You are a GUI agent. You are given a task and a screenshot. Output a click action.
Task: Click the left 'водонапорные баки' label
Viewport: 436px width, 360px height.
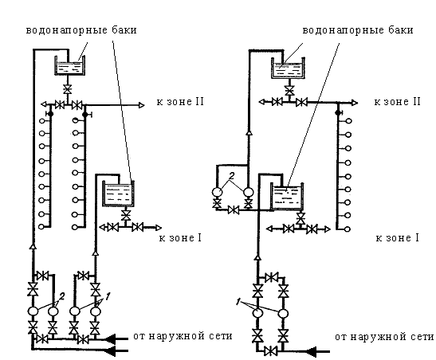[x=81, y=30]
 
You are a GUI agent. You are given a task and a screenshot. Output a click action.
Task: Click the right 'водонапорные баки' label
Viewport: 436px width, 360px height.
[x=358, y=30]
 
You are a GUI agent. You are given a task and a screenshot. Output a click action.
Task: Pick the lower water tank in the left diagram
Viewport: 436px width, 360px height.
[x=119, y=193]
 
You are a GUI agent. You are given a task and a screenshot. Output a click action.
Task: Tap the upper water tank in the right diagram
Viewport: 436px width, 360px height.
[x=288, y=68]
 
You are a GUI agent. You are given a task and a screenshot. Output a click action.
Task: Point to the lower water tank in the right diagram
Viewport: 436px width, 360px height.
[x=287, y=197]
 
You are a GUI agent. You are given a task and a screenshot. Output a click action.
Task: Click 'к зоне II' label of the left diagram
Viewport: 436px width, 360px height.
[x=180, y=102]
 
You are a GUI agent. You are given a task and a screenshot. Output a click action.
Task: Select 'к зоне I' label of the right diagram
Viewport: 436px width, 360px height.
[x=398, y=238]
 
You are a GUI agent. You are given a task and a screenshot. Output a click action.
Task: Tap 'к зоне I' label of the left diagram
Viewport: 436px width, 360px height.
[x=180, y=238]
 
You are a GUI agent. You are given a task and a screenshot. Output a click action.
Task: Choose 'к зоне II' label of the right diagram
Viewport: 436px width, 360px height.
[x=398, y=102]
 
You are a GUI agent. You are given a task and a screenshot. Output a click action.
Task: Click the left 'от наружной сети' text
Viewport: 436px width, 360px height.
[x=183, y=336]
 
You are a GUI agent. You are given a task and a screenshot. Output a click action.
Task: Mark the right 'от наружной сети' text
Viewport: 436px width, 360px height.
[x=384, y=337]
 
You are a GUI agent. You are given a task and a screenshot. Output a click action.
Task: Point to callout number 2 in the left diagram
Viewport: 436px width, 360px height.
[x=62, y=296]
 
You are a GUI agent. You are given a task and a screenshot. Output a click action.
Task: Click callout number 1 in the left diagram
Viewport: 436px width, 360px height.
[x=108, y=296]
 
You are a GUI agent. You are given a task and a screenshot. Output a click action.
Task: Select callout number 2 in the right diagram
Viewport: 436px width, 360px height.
[x=232, y=175]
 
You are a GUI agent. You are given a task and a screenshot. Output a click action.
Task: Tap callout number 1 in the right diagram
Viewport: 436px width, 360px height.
[x=238, y=302]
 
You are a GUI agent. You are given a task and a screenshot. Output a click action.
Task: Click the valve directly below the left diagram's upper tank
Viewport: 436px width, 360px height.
[x=67, y=89]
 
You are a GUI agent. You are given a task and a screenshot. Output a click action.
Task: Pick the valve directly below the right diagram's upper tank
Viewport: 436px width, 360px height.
[x=289, y=90]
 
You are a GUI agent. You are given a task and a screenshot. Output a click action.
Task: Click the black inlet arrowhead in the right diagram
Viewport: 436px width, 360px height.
[x=312, y=352]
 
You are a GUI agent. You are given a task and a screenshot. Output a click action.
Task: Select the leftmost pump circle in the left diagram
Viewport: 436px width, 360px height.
[x=33, y=311]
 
